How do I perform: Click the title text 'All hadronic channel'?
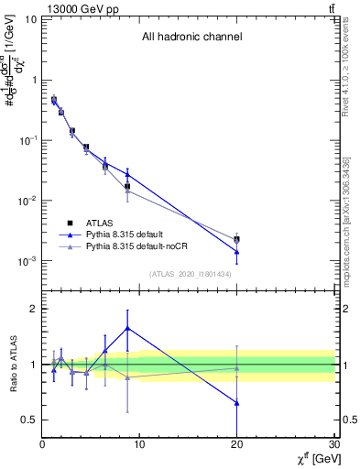coord(191,38)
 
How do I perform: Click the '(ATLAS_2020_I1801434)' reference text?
coord(188,274)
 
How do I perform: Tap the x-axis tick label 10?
coord(139,444)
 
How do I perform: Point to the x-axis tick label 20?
coord(237,444)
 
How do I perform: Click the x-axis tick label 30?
coord(333,444)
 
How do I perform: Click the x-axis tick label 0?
coord(42,444)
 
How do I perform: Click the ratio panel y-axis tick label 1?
coord(32,365)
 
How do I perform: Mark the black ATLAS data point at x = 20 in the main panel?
coord(237,239)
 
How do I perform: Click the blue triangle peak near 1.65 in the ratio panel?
coord(127,327)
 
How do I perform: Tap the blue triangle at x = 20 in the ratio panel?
coord(237,402)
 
